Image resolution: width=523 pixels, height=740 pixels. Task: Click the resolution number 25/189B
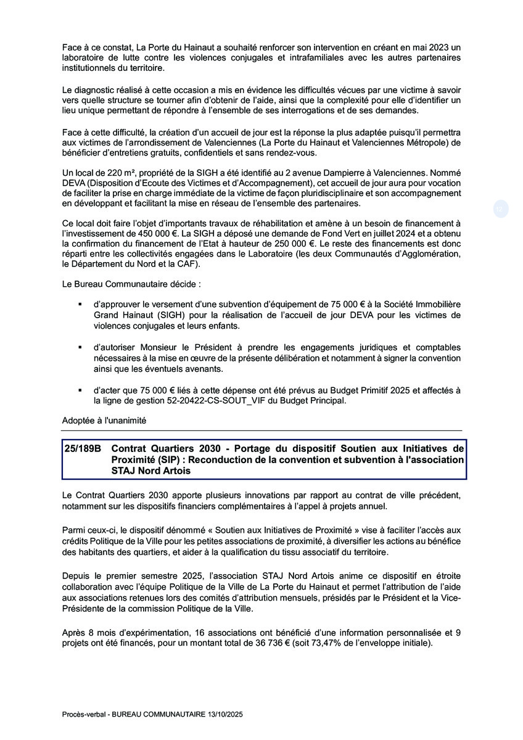click(x=82, y=449)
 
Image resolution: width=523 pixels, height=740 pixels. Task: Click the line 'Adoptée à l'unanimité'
click(x=104, y=420)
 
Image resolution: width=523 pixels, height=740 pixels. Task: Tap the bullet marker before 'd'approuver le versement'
click(x=80, y=305)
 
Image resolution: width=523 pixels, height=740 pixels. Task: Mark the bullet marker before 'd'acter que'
click(x=80, y=390)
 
